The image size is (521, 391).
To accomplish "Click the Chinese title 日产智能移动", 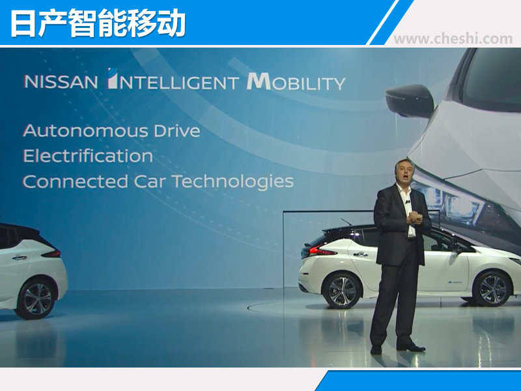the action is click(x=98, y=23).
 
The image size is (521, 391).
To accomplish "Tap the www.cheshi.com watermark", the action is click(x=453, y=38).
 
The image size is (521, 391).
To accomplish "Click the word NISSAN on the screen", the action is click(x=61, y=82).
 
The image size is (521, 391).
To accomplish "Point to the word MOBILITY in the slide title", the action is click(x=296, y=82).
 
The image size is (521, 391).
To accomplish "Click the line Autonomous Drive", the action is click(x=111, y=131).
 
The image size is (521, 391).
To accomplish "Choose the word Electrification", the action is click(x=88, y=156).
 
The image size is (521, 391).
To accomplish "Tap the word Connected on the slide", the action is click(x=76, y=182).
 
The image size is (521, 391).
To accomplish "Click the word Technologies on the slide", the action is click(x=232, y=182).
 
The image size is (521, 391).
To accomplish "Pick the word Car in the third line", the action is click(x=150, y=182).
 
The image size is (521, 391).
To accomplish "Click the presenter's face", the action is click(x=404, y=174).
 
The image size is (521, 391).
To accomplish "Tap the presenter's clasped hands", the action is click(x=415, y=218).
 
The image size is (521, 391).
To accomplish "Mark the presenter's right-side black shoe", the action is click(x=411, y=347).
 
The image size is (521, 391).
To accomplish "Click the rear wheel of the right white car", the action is click(x=342, y=291).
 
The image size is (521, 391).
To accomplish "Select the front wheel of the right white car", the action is click(x=492, y=289).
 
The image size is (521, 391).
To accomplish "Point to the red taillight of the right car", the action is click(x=323, y=251).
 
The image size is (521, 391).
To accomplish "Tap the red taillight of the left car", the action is click(x=52, y=254).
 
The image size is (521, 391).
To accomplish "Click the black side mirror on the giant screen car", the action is click(x=410, y=101).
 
